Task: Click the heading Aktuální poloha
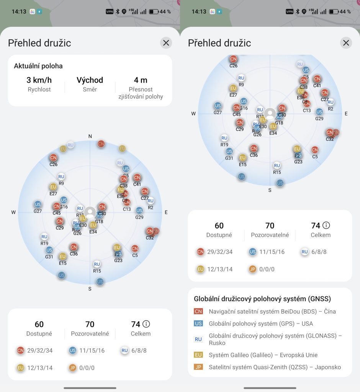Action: click(x=38, y=66)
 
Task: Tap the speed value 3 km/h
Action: click(x=39, y=80)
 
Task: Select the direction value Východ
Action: click(x=90, y=80)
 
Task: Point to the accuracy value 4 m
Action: click(x=141, y=80)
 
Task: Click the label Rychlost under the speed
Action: click(x=39, y=90)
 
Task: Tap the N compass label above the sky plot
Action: click(x=90, y=136)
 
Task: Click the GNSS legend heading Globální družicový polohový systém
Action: click(x=262, y=299)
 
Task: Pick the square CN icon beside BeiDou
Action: click(x=198, y=311)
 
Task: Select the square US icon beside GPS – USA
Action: click(x=198, y=323)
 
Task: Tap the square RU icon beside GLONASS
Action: click(x=198, y=339)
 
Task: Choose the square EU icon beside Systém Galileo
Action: click(x=198, y=355)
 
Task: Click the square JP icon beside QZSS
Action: click(x=198, y=367)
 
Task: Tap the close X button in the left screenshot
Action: click(x=166, y=43)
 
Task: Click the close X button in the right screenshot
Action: click(x=346, y=43)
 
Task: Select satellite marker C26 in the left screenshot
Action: click(x=53, y=158)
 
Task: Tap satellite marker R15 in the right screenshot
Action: click(x=277, y=166)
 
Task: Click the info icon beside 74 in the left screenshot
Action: click(x=147, y=324)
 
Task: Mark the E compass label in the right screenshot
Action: click(x=346, y=114)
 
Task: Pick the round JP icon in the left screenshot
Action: click(x=72, y=368)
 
